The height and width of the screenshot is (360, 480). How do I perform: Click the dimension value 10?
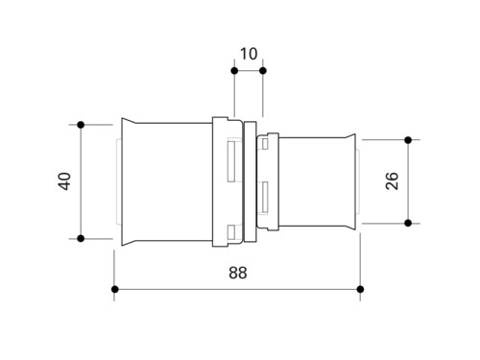click(249, 54)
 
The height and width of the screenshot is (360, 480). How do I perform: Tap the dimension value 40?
click(64, 181)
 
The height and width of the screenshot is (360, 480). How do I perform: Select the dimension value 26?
click(392, 180)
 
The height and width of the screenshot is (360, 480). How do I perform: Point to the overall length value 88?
click(238, 273)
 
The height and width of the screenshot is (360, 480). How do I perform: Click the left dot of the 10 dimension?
click(234, 71)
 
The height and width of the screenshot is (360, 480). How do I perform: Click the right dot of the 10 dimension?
click(263, 71)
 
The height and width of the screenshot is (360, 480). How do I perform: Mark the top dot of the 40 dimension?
click(81, 125)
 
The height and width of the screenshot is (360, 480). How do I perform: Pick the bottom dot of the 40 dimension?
click(81, 238)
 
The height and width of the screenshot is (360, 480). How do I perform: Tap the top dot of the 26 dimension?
click(408, 140)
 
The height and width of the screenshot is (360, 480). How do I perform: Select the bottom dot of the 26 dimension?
click(408, 223)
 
